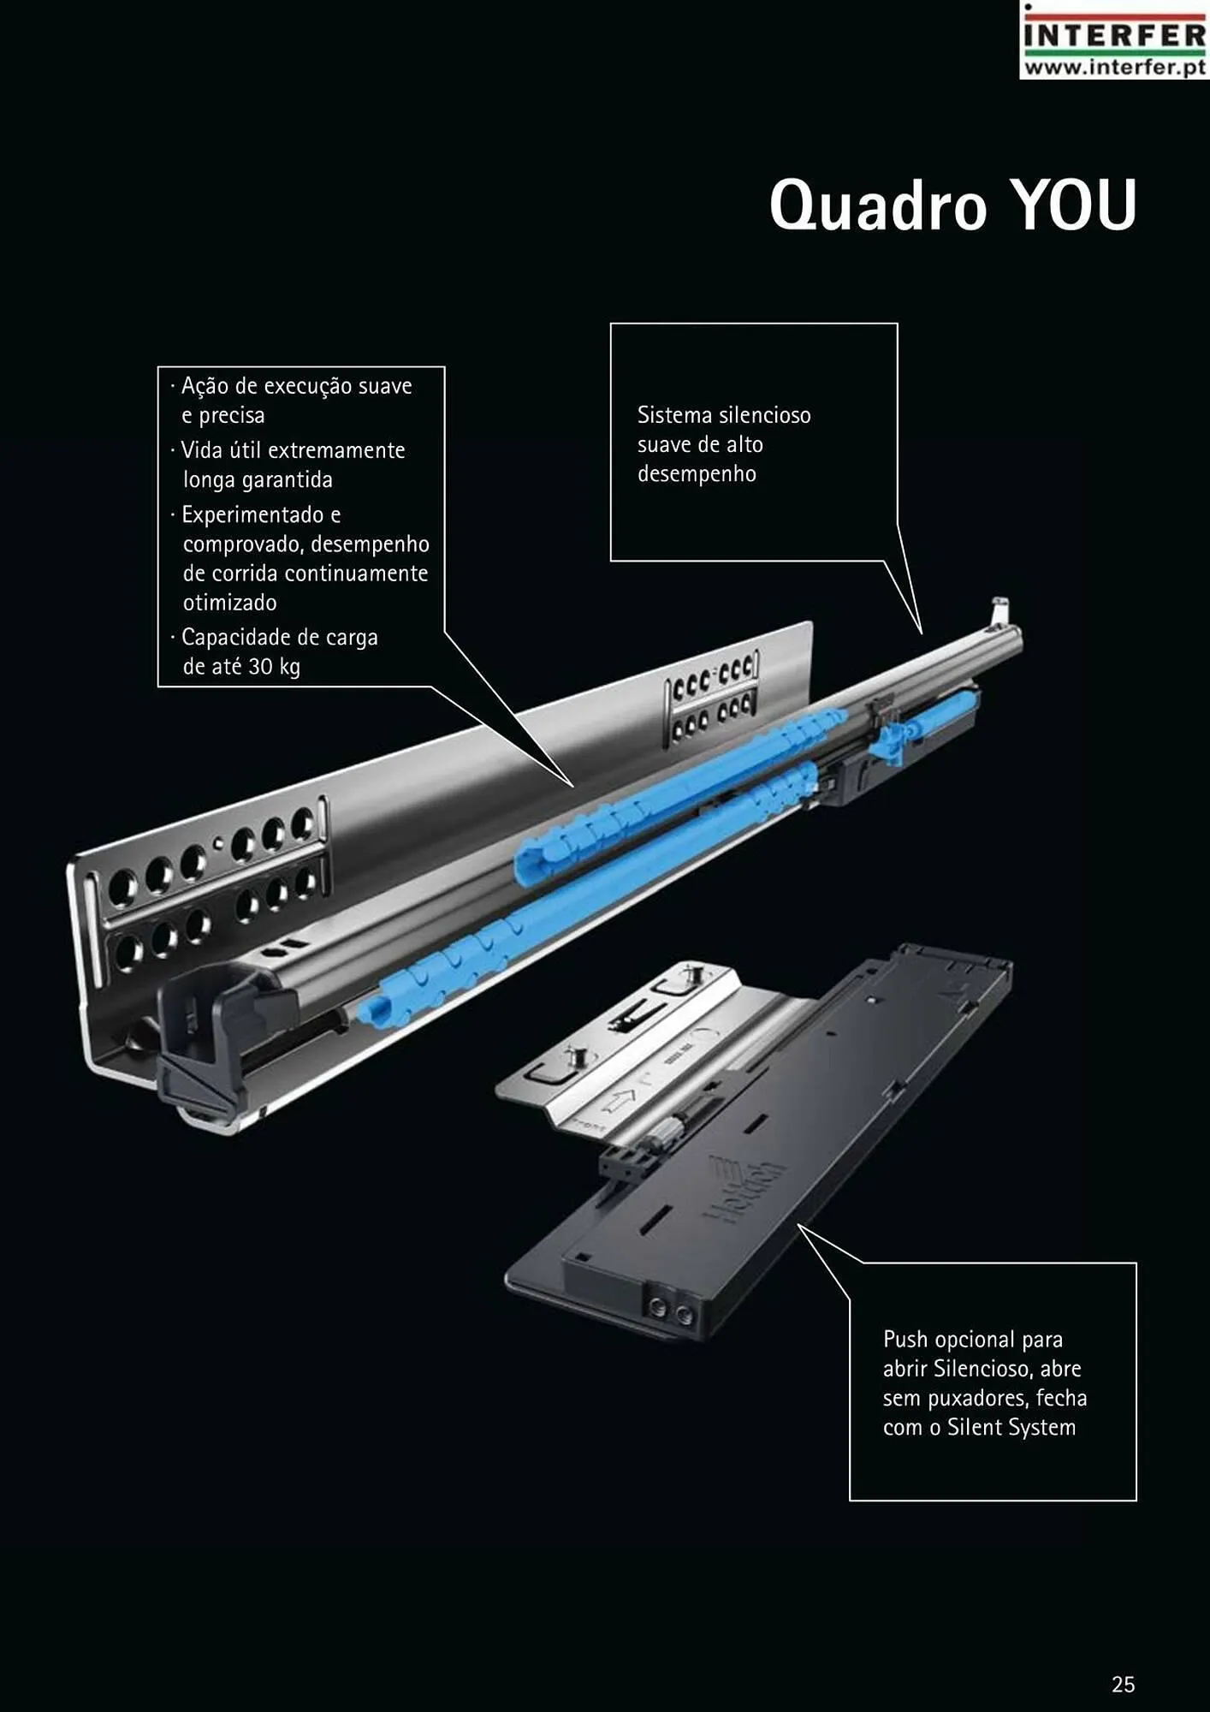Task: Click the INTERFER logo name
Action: (1115, 36)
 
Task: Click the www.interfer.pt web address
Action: (1115, 66)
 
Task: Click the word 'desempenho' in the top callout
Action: (697, 474)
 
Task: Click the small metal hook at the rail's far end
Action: (999, 612)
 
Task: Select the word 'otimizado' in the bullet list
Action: (229, 603)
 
